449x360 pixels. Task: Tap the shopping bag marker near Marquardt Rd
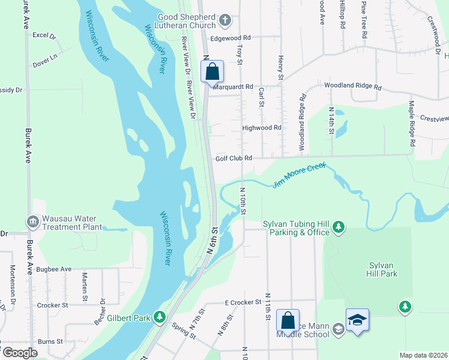point(212,72)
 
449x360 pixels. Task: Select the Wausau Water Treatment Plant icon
point(32,222)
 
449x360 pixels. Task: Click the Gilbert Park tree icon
point(160,316)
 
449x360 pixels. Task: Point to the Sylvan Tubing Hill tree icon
point(339,227)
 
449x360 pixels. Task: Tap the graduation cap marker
point(357,320)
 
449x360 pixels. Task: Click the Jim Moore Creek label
point(298,175)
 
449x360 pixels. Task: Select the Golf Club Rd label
point(234,158)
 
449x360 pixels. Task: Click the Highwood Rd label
point(261,128)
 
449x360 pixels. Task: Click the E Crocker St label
point(243,302)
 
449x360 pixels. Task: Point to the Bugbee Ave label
point(53,269)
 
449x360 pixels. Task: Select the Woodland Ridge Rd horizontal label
point(353,86)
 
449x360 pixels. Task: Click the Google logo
point(19,352)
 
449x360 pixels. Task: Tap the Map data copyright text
point(423,355)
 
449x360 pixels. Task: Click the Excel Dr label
point(44,35)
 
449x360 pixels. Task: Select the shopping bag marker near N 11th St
point(288,320)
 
